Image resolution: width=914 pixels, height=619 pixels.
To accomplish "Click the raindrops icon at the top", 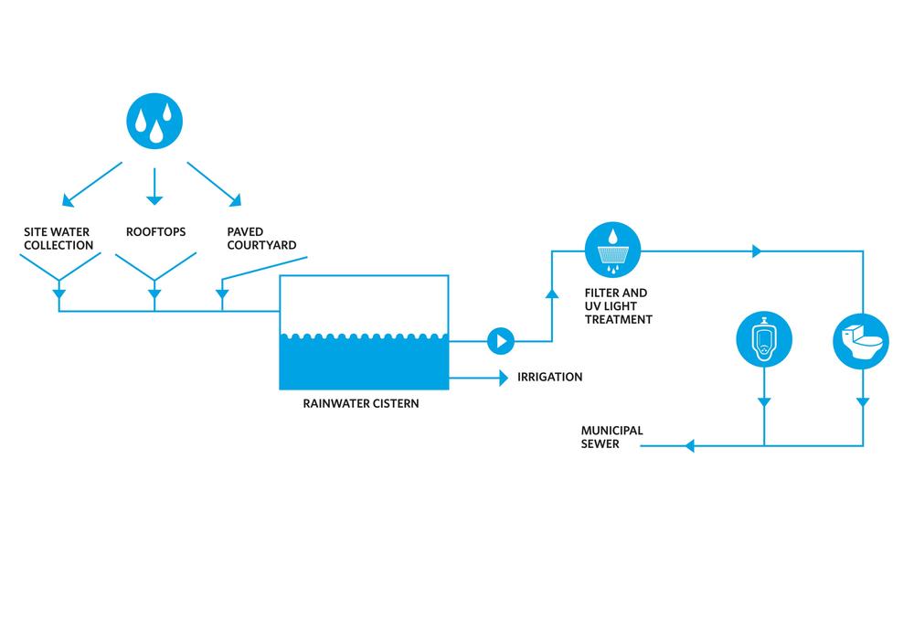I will tap(154, 121).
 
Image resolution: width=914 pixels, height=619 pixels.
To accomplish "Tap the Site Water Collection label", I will tap(58, 239).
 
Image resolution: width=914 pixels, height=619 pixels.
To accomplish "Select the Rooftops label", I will tap(155, 232).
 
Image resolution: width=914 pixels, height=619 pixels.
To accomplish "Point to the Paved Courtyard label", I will tap(261, 239).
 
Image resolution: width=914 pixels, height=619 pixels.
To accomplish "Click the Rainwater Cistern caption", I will tap(361, 402).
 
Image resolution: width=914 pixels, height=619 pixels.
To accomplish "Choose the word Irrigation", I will tap(549, 377).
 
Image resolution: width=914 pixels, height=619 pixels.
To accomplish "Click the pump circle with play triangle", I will tap(500, 342).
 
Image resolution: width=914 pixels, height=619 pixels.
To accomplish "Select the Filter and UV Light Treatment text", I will tap(619, 307).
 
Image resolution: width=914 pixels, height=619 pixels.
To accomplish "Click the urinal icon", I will tap(764, 341).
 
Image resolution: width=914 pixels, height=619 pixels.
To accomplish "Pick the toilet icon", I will tap(862, 341).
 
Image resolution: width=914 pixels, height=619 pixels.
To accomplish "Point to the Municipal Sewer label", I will tap(611, 437).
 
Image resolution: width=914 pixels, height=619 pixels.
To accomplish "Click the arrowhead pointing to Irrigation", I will tap(503, 377).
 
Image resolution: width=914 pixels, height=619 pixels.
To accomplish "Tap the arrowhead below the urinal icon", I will tap(764, 402).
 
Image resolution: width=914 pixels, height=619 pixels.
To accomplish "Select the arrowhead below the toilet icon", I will tap(863, 402).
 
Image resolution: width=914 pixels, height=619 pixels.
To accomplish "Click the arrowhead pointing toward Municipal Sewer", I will tap(689, 446).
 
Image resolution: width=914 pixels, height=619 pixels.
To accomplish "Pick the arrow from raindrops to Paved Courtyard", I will tap(216, 183).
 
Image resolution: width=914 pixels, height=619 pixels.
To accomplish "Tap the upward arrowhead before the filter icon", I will tap(552, 293).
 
